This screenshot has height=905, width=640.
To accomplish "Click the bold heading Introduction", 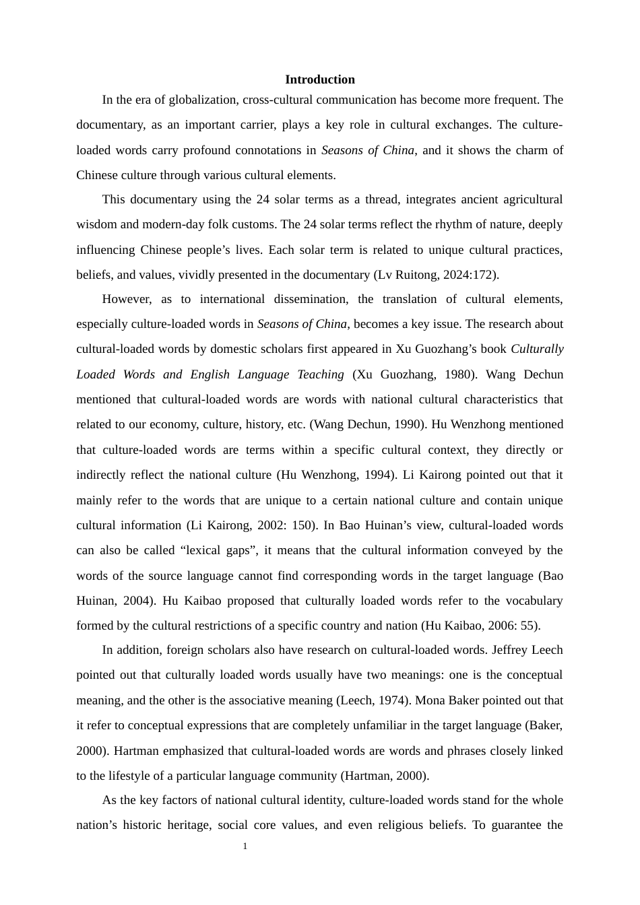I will (319, 79).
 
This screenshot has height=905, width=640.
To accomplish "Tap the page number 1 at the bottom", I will (245, 846).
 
